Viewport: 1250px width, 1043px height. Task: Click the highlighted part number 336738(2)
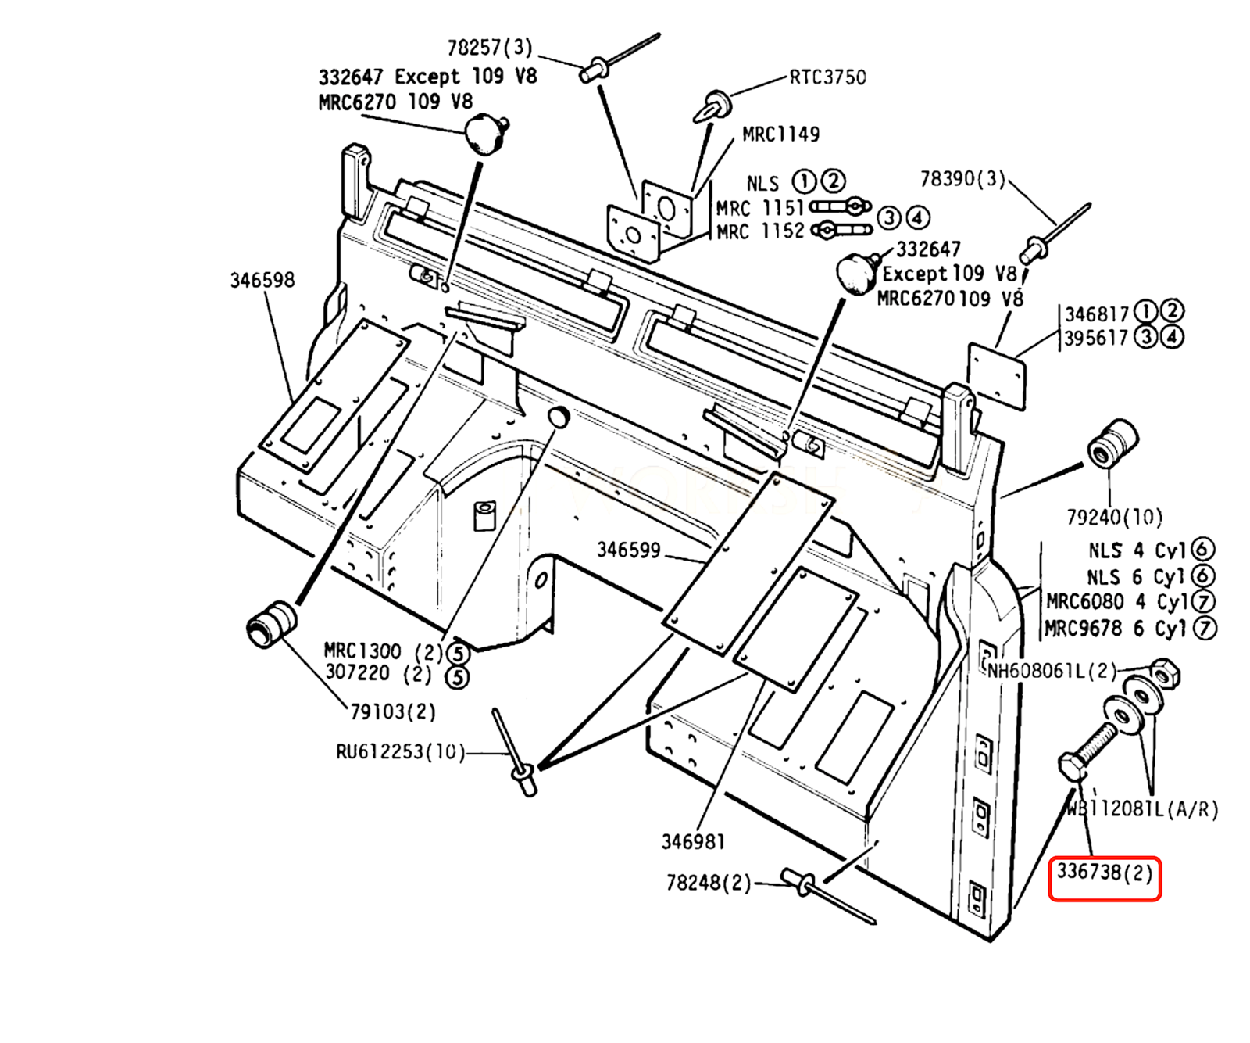tap(1104, 873)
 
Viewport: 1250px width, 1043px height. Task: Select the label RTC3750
tap(827, 77)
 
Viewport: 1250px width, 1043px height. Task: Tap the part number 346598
tap(262, 280)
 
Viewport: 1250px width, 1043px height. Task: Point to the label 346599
tap(628, 550)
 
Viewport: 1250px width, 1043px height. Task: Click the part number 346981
tap(693, 841)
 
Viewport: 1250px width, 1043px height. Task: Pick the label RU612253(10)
tap(400, 751)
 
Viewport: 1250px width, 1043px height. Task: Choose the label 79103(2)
tap(392, 711)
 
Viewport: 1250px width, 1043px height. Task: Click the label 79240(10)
tap(1114, 517)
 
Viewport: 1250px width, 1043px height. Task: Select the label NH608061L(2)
tap(1052, 671)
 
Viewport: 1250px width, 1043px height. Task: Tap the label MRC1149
tap(780, 134)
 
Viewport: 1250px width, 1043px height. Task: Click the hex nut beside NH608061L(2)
tap(1165, 673)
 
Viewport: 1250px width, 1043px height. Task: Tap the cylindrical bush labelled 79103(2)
tap(271, 623)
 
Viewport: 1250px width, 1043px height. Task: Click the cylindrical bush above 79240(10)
tap(1112, 443)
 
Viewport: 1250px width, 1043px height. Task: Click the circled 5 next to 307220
tap(457, 676)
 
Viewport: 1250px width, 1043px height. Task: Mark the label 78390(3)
tap(962, 179)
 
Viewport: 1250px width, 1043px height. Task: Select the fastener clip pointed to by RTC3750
tap(713, 106)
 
